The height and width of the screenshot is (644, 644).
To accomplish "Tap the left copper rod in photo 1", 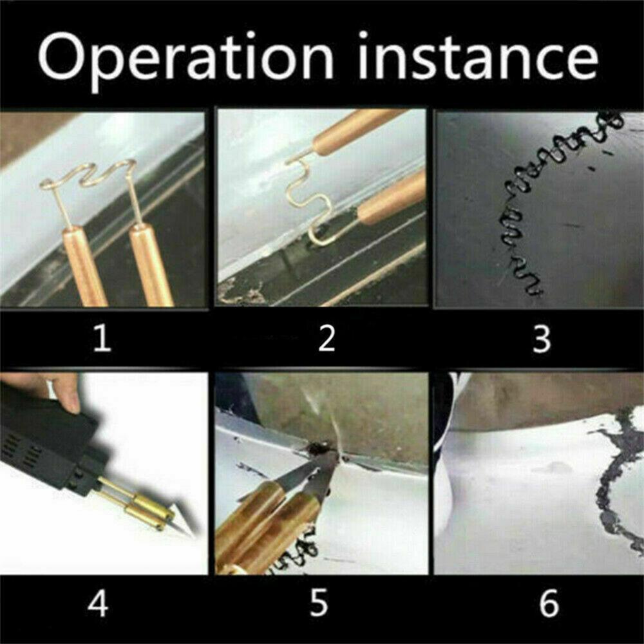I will (x=84, y=264).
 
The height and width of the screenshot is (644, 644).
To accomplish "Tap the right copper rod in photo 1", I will (x=151, y=264).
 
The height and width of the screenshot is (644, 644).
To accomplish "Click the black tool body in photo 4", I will (x=45, y=438).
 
